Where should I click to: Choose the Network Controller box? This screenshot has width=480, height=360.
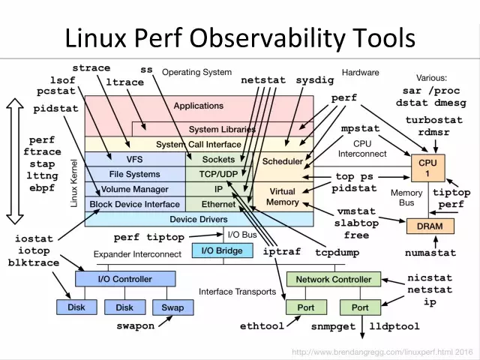coord(333,279)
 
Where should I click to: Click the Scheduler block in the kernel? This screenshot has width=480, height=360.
coord(282,161)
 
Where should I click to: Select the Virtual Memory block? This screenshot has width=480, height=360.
coord(282,196)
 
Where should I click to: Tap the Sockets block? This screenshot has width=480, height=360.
coord(218,159)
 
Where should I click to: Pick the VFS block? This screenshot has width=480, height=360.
coord(134,159)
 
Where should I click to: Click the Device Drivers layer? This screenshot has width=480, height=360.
coord(199,219)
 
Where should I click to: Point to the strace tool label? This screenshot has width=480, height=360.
coord(91,68)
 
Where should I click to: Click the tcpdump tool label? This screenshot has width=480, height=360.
coord(334,252)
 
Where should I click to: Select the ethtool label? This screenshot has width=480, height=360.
coord(262,327)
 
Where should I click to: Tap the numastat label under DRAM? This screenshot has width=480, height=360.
coord(430,253)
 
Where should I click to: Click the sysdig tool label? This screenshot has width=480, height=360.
coord(316,79)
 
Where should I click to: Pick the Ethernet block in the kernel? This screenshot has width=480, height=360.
coord(218,203)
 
